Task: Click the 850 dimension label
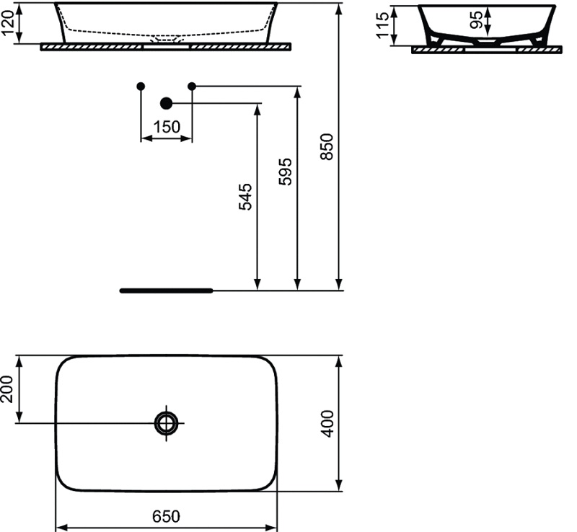click(x=327, y=146)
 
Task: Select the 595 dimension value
click(x=286, y=172)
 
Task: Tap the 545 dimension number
click(x=245, y=197)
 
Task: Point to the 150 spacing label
click(x=167, y=127)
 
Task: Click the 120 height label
click(x=8, y=23)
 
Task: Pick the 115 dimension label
click(x=383, y=25)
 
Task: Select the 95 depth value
click(x=477, y=20)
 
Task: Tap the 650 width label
click(x=167, y=516)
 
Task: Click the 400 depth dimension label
click(x=327, y=423)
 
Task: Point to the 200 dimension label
click(x=7, y=389)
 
